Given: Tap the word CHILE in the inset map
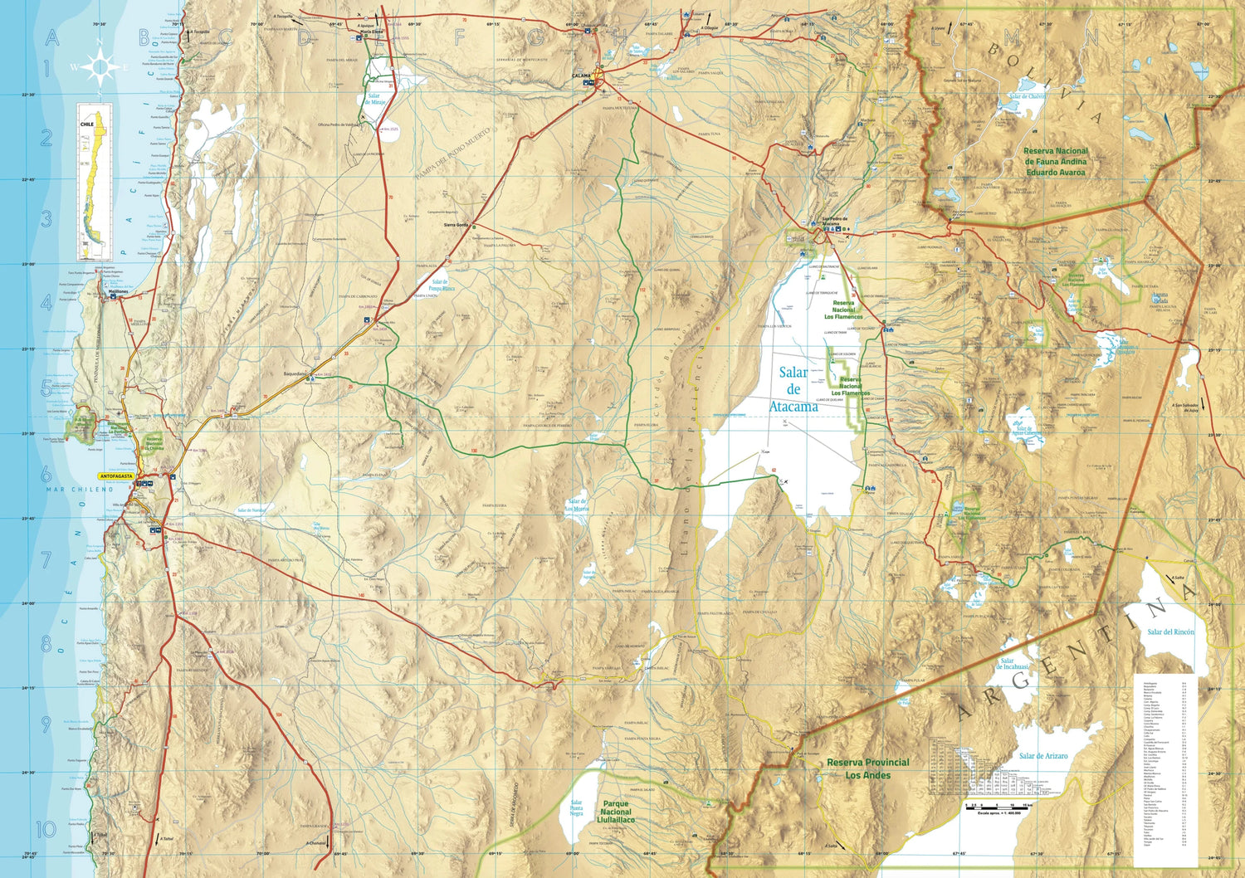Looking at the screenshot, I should [86, 124].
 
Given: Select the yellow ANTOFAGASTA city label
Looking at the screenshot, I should [116, 476].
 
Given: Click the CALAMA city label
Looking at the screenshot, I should [582, 76].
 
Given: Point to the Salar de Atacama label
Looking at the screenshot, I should [793, 389].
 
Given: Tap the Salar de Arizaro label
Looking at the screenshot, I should [1043, 756].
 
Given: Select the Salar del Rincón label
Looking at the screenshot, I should [1170, 632].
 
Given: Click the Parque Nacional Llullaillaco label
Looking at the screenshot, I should [616, 812].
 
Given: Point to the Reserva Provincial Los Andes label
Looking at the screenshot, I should [867, 768].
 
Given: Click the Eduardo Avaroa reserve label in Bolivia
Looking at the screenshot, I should [1056, 162].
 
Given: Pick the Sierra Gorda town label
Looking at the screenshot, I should [456, 225].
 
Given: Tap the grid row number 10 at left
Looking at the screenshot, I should [46, 828].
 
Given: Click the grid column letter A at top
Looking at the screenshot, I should [52, 37].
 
